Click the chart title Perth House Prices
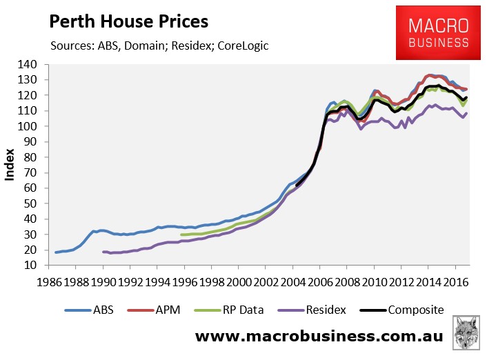click(128, 21)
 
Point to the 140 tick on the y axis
click(34, 65)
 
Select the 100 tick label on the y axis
click(34, 127)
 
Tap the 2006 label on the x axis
click(319, 283)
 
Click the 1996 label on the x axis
click(183, 283)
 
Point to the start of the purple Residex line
click(103, 252)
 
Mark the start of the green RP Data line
click(182, 234)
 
